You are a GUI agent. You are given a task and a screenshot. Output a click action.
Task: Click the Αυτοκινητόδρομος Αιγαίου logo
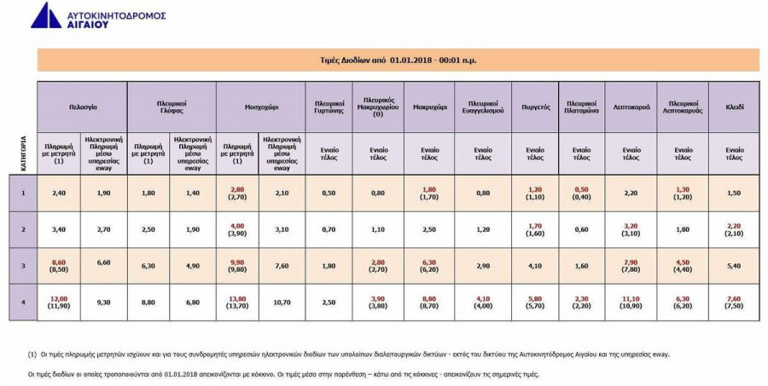click(98, 16)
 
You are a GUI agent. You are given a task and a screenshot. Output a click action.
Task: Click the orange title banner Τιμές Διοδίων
click(398, 60)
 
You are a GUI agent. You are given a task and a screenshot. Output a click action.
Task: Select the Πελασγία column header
click(82, 108)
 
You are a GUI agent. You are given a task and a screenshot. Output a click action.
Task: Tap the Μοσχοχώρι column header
click(259, 108)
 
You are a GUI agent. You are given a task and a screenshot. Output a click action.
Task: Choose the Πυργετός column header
click(535, 108)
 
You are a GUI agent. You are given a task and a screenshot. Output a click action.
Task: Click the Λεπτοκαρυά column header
click(631, 108)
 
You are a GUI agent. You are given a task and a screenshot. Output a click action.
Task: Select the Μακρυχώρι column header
click(431, 108)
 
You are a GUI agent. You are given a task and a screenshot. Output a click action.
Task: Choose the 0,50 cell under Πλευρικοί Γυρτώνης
click(328, 193)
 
